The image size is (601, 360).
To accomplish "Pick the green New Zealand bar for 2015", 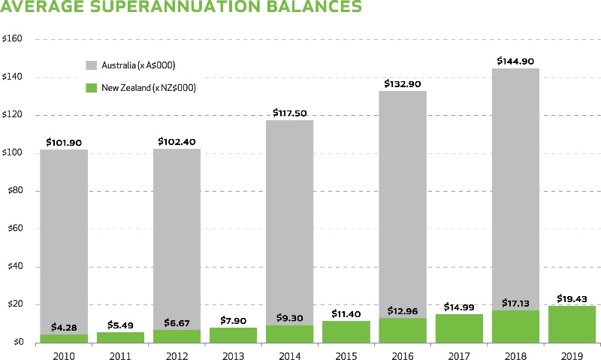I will click(x=346, y=331).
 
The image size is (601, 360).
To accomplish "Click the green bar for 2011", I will click(x=120, y=337).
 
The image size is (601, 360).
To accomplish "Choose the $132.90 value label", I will click(x=403, y=83).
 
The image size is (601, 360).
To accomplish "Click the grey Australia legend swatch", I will click(x=93, y=64).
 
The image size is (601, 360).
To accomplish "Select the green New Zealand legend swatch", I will click(x=93, y=87).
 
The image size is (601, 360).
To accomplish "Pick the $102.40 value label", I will click(x=177, y=141).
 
